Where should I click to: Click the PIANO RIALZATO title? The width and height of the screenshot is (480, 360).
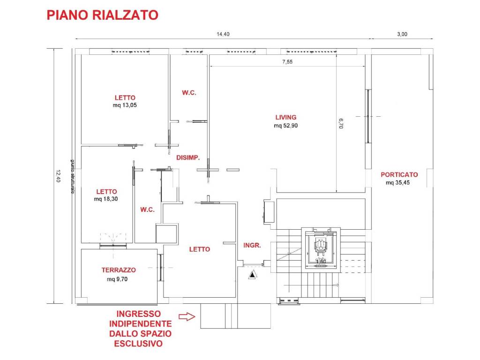(x=102, y=15)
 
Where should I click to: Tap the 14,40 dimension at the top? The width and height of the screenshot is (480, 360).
(x=223, y=34)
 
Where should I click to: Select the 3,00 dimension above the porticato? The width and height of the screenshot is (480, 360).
(x=402, y=34)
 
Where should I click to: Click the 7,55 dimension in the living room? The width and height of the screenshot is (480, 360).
(x=287, y=62)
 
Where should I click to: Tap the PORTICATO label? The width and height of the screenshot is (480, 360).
(x=399, y=175)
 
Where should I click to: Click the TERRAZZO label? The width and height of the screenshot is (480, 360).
(x=119, y=270)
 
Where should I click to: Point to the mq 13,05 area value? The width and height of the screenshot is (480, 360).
(x=125, y=105)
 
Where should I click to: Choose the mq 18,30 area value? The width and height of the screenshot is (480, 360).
(x=106, y=199)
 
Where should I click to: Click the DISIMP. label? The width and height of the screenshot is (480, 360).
(x=188, y=158)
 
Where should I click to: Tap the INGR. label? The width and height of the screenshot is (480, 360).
(x=252, y=245)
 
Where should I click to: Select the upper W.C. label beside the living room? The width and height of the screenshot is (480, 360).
(x=189, y=93)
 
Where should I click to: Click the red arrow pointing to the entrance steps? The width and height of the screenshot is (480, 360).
(x=187, y=317)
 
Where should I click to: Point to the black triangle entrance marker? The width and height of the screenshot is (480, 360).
(x=252, y=275)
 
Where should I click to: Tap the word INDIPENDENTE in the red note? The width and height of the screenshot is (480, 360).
(x=140, y=324)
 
